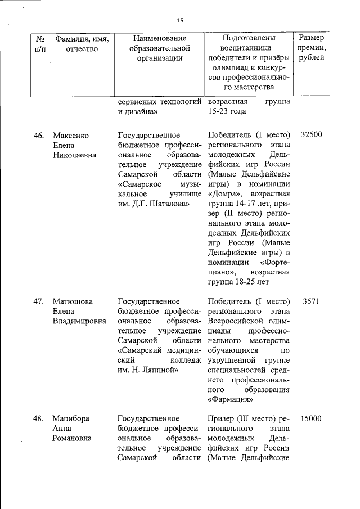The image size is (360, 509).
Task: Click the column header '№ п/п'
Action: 40,43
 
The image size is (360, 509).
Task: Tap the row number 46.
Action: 39,136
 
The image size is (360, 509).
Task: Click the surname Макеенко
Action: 71,136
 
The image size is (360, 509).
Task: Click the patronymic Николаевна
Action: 74,155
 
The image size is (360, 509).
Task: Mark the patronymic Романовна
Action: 73,438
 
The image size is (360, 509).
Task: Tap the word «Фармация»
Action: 231,399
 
